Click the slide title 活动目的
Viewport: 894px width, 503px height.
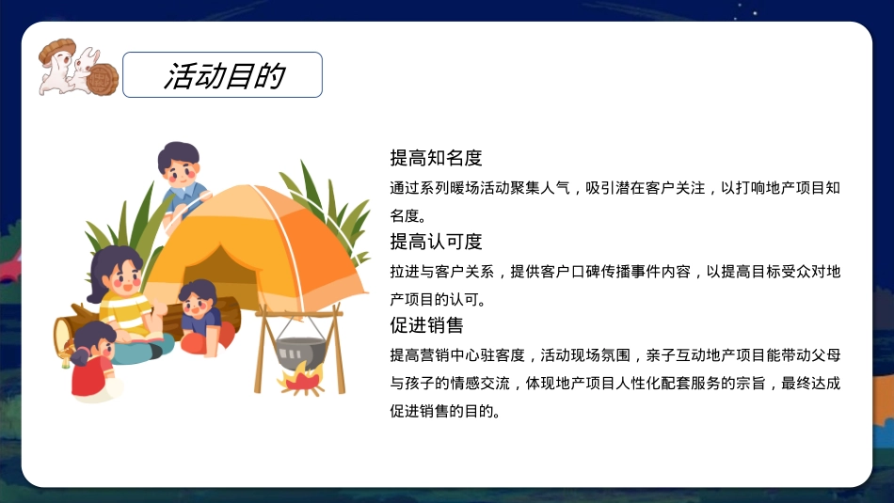[224, 76]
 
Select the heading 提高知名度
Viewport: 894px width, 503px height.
[436, 158]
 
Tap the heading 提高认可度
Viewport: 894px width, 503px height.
[436, 242]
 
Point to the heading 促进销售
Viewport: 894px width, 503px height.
[426, 325]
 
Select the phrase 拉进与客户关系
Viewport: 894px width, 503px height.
[442, 272]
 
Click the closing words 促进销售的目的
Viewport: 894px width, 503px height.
[446, 412]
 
